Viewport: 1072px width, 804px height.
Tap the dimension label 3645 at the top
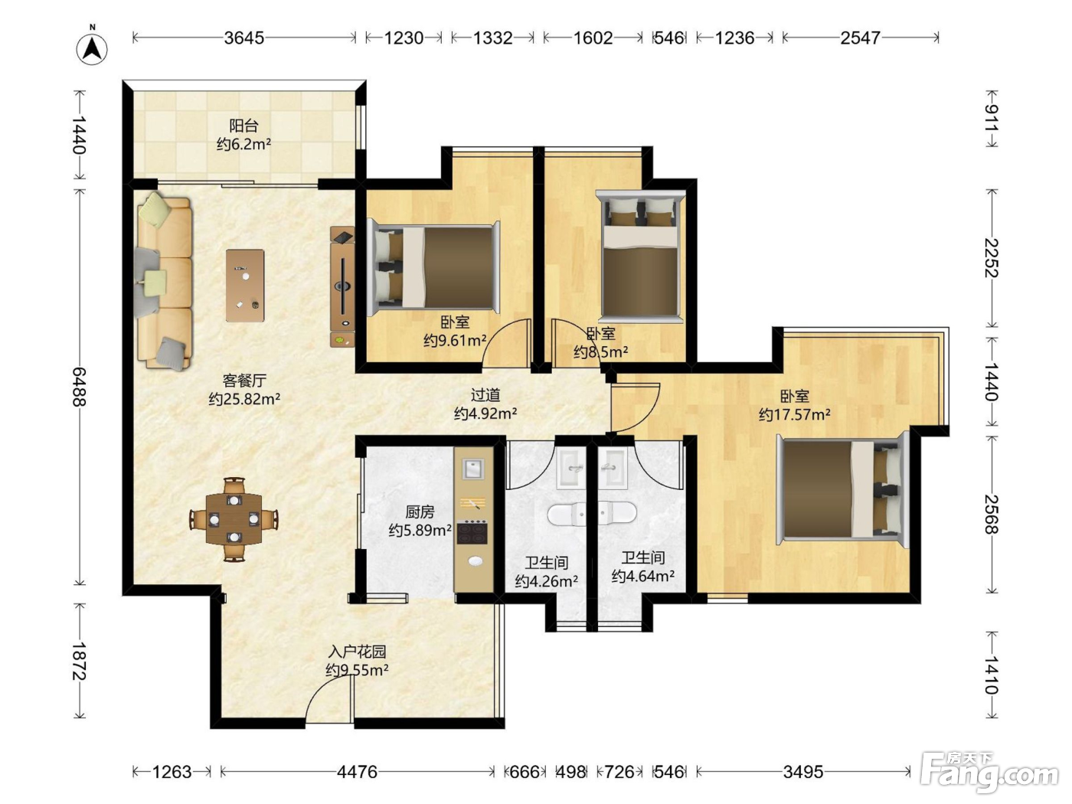[243, 38]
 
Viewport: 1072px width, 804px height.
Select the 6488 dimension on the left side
[79, 387]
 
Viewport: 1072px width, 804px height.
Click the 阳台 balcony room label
[243, 126]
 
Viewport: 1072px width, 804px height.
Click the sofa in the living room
[164, 282]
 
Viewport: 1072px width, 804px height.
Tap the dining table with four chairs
[234, 519]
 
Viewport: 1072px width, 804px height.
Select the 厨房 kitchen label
[420, 511]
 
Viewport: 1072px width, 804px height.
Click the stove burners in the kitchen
[472, 532]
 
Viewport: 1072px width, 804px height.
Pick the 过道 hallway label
[485, 394]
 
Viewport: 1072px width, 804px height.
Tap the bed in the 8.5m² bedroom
[640, 255]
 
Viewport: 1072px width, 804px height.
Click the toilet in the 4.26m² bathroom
[566, 514]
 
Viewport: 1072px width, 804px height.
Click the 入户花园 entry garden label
[357, 652]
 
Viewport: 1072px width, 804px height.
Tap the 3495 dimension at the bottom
[803, 772]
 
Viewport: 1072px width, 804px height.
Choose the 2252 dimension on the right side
[992, 257]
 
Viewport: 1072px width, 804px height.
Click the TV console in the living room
[342, 286]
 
